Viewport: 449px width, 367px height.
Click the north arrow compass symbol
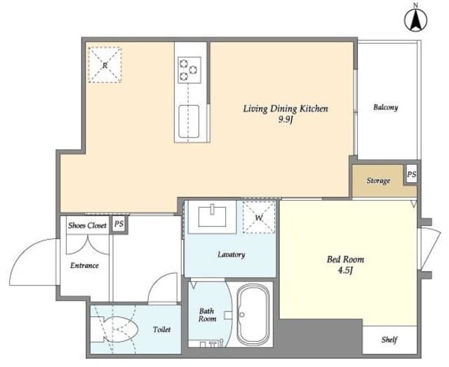coord(415,20)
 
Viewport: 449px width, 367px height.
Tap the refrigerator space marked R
coord(105,65)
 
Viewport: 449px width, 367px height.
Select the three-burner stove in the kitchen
coord(189,70)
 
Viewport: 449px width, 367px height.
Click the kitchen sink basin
coord(189,121)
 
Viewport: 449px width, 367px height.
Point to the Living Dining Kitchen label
coord(286,109)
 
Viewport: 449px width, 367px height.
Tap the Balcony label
coord(385,107)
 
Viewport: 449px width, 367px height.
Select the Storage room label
coord(378,181)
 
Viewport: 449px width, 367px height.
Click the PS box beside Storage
coord(412,174)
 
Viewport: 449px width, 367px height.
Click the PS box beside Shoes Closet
coord(119,224)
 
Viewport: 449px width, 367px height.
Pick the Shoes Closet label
coord(87,225)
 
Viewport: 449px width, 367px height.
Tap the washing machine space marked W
coord(259,218)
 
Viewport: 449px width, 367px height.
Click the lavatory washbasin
coord(212,215)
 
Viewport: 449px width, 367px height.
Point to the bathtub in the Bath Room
coord(253,314)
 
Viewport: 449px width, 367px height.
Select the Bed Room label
coord(345,260)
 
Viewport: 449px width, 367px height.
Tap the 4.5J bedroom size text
coord(345,270)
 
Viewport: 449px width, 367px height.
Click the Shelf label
coord(389,340)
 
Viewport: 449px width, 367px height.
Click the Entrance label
coord(84,265)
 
